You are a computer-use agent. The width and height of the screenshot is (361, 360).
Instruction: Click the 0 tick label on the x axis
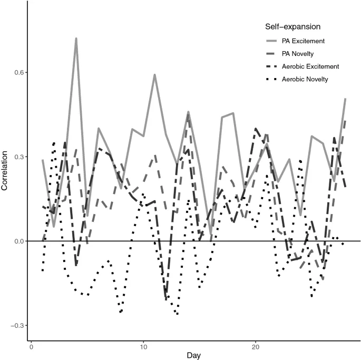click(32, 347)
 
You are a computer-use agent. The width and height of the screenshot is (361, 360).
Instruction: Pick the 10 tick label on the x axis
click(143, 347)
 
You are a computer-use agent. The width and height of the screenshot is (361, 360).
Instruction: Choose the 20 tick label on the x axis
click(256, 347)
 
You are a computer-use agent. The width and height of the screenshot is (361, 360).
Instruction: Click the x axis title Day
click(193, 356)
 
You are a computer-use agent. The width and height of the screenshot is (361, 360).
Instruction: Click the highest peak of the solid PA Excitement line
click(76, 38)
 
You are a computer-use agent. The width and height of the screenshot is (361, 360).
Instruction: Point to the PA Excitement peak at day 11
click(155, 75)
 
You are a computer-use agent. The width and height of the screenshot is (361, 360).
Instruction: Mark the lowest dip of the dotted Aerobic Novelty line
click(177, 315)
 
